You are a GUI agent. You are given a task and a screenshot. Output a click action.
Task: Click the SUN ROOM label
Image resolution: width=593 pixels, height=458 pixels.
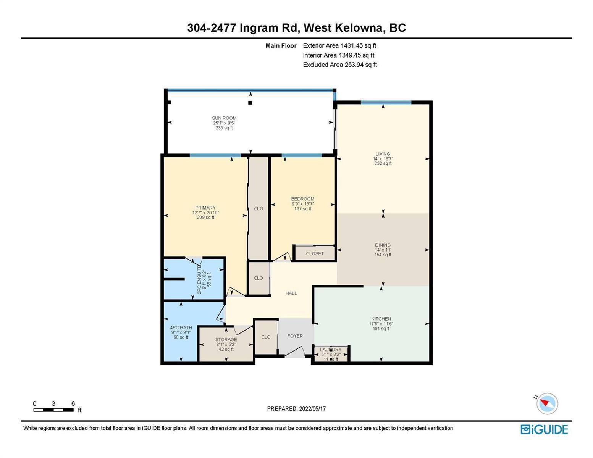click(224, 118)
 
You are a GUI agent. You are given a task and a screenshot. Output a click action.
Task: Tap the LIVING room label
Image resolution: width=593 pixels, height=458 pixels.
click(383, 154)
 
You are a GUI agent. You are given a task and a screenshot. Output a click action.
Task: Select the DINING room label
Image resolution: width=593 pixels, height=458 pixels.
click(383, 245)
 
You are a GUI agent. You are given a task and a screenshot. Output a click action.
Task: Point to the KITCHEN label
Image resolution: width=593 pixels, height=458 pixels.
click(381, 319)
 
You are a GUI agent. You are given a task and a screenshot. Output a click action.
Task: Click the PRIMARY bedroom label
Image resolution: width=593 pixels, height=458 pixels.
click(205, 208)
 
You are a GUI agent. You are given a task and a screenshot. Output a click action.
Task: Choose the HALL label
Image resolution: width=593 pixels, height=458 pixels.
click(291, 293)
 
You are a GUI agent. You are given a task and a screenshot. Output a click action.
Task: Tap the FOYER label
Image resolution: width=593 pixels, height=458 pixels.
click(295, 336)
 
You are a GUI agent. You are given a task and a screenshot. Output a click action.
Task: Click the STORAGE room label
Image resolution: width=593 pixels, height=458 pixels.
click(226, 340)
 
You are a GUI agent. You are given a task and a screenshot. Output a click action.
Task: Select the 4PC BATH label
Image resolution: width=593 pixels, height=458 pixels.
click(181, 327)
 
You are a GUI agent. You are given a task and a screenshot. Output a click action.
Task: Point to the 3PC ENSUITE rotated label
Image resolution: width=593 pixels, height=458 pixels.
click(199, 281)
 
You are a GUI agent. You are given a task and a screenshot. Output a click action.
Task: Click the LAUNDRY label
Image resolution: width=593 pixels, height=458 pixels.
click(330, 350)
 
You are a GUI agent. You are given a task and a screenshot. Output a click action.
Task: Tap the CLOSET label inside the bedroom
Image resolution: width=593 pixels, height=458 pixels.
click(315, 254)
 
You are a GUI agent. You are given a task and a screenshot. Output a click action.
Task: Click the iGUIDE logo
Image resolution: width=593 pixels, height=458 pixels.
click(544, 430)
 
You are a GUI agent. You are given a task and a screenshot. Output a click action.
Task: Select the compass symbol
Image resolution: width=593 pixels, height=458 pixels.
click(547, 403)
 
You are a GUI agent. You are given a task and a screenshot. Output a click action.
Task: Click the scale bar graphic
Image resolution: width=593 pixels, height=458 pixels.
click(53, 410)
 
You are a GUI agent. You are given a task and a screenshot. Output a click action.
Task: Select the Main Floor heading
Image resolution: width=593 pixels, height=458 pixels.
click(281, 45)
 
